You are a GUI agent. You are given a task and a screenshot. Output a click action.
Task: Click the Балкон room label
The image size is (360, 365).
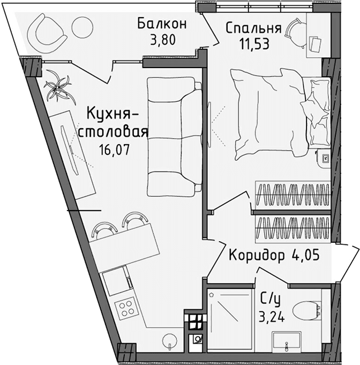pos(161,24)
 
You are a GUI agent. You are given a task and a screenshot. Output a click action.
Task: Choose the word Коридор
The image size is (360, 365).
pos(257,255)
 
